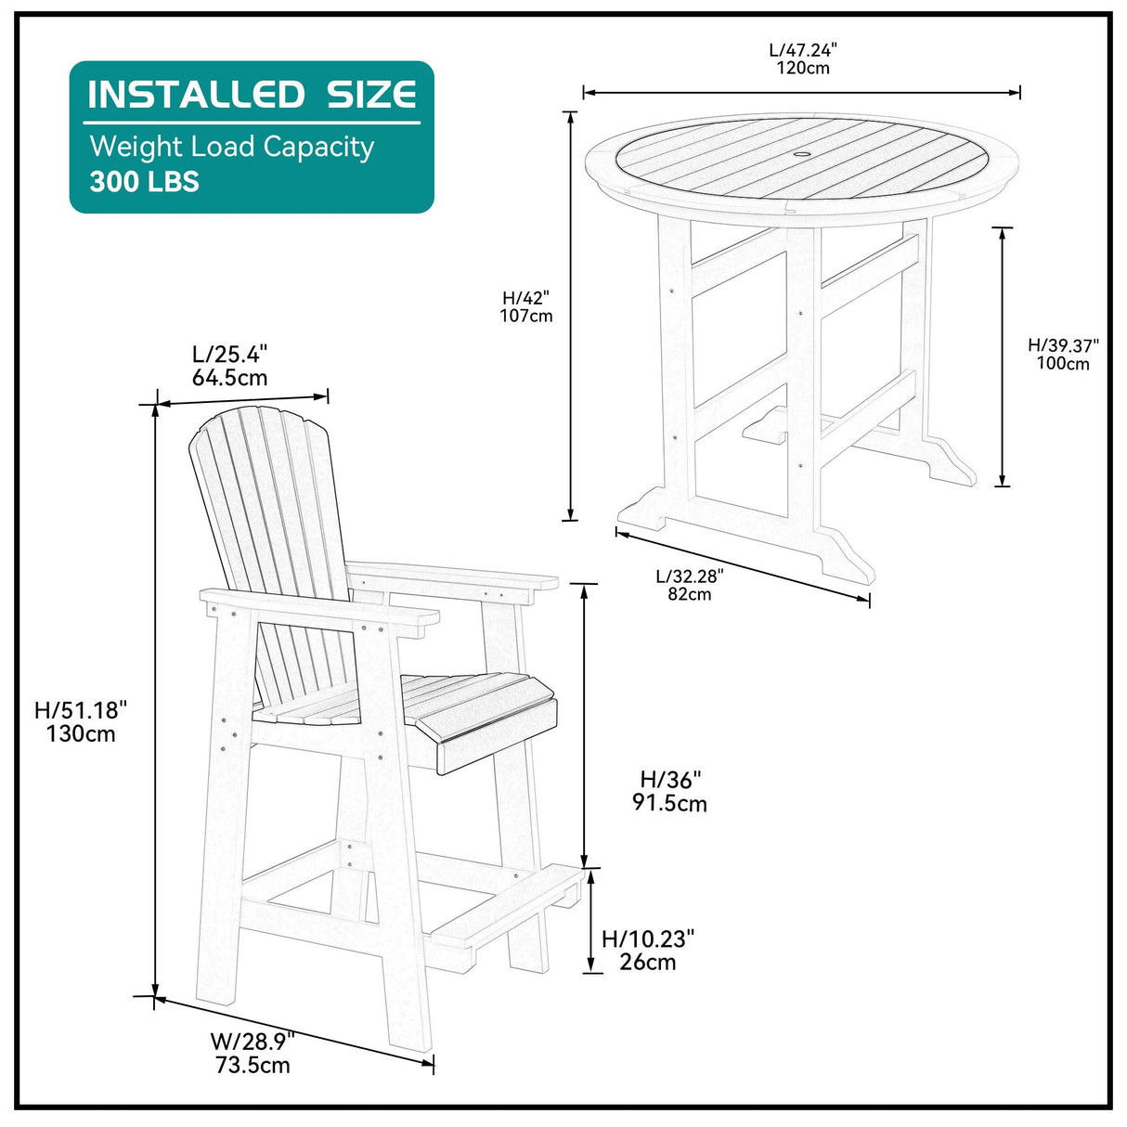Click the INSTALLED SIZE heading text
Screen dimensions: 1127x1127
[252, 95]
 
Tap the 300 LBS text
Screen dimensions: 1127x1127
[144, 181]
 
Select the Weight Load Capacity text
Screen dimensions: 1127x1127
[231, 147]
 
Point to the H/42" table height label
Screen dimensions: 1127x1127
[526, 298]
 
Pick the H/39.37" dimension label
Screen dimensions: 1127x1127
[1063, 345]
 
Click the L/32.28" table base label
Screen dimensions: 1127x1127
[690, 576]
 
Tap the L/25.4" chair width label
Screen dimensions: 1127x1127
[230, 354]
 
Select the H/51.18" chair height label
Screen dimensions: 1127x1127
[81, 710]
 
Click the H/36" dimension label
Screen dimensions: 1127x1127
[670, 780]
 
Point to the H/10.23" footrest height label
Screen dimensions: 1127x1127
[648, 939]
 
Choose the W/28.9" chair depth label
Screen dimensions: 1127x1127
[253, 1041]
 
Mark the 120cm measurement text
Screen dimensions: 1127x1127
[803, 68]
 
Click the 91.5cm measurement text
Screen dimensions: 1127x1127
[670, 803]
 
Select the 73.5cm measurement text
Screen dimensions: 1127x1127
[253, 1065]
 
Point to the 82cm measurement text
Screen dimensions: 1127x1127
[690, 594]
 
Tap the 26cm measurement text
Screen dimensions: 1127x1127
[648, 962]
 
